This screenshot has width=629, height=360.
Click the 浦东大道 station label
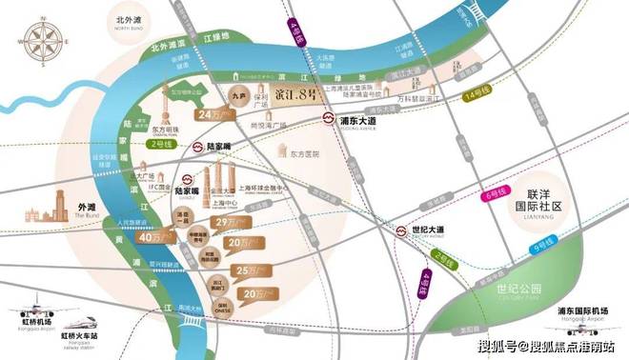(363, 122)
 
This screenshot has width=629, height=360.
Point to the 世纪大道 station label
(435, 229)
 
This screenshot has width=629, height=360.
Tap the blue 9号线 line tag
(545, 246)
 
